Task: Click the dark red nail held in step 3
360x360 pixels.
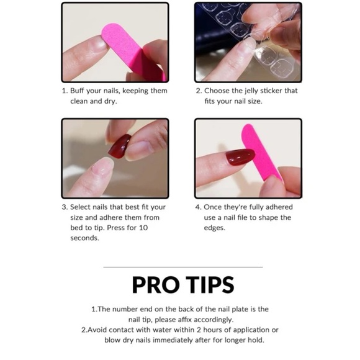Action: pyautogui.click(x=119, y=146)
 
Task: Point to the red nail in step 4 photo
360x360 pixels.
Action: pyautogui.click(x=239, y=158)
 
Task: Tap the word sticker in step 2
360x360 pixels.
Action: pyautogui.click(x=276, y=91)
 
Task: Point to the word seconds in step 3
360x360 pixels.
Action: pyautogui.click(x=84, y=238)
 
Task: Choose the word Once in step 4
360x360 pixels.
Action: pyautogui.click(x=214, y=207)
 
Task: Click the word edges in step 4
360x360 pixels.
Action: pyautogui.click(x=215, y=228)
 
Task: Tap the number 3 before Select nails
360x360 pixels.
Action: pyautogui.click(x=64, y=207)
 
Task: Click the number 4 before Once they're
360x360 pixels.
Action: pyautogui.click(x=198, y=207)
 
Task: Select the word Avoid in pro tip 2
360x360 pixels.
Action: pyautogui.click(x=99, y=330)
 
